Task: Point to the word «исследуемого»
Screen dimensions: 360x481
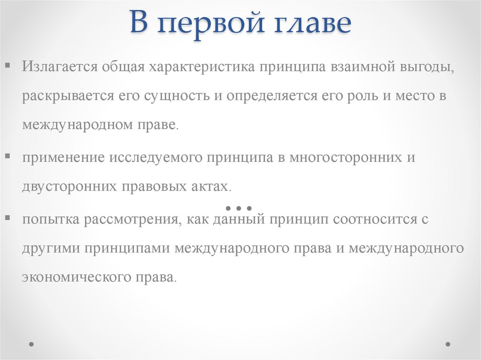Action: [x=157, y=157]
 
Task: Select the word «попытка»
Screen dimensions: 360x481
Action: [x=50, y=219]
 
